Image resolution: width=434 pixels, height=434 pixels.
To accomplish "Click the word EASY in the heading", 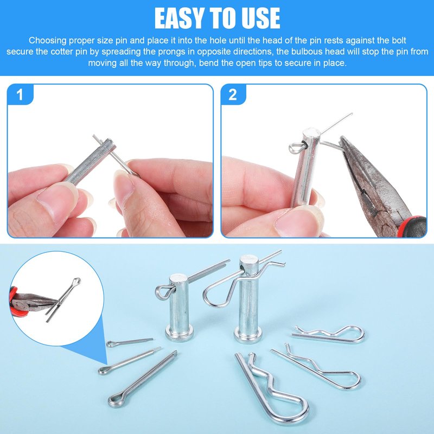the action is pyautogui.click(x=180, y=18).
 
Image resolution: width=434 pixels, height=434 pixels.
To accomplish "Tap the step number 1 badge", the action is pyautogui.click(x=20, y=94).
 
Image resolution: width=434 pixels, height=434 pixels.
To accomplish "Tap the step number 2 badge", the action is pyautogui.click(x=233, y=94).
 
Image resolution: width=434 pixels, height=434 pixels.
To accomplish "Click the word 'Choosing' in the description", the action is pyautogui.click(x=48, y=41).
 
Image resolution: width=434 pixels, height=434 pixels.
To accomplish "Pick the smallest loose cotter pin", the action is pyautogui.click(x=129, y=342).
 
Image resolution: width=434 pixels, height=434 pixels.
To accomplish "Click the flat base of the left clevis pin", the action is pyautogui.click(x=179, y=334).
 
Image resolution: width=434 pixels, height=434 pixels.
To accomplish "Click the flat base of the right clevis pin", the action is pyautogui.click(x=248, y=334).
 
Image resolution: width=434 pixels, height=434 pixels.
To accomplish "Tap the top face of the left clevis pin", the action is pyautogui.click(x=180, y=278).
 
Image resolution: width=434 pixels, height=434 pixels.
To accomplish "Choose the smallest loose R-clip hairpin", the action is pyautogui.click(x=328, y=334).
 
